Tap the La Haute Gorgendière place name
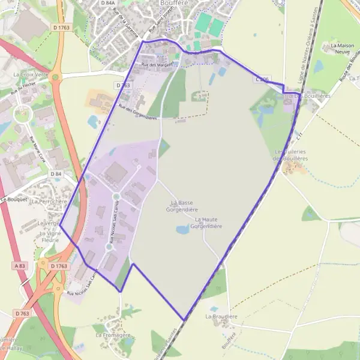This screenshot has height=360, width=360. click(206, 223)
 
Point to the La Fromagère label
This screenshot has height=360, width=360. click(111, 335)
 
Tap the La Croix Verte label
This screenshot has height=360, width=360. click(30, 74)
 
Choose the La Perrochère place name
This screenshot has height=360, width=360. click(49, 202)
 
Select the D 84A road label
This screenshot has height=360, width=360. click(108, 3)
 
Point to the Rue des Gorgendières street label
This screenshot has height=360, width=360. click(137, 112)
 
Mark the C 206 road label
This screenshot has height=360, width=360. click(262, 79)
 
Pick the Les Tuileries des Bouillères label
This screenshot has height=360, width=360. click(291, 155)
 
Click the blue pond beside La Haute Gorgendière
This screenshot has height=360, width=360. click(182, 229)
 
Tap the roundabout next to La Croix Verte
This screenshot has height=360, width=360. click(56, 77)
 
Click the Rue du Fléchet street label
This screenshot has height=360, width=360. click(19, 91)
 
